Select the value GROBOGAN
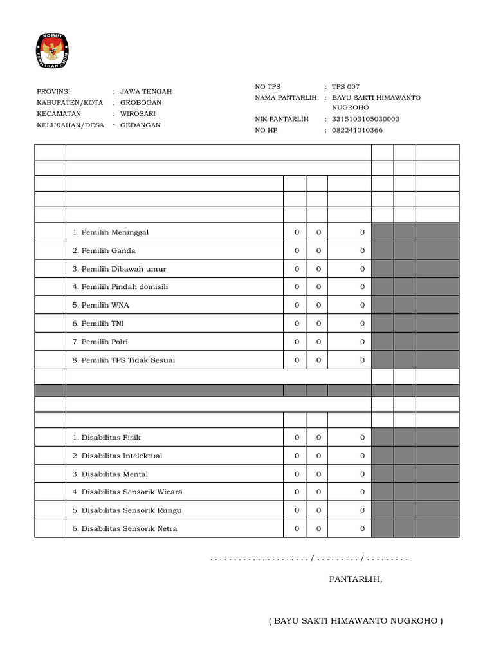pyautogui.click(x=141, y=102)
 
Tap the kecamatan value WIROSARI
pyautogui.click(x=138, y=114)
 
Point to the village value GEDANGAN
pyautogui.click(x=140, y=125)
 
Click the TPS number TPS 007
pyautogui.click(x=346, y=86)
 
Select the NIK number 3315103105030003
pyautogui.click(x=365, y=119)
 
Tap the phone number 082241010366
pyautogui.click(x=357, y=131)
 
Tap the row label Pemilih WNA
pyautogui.click(x=101, y=305)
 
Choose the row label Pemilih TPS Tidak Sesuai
pyautogui.click(x=123, y=360)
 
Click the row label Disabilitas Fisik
pyautogui.click(x=106, y=438)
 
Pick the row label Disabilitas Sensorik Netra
pyautogui.click(x=125, y=529)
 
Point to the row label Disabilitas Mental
pyautogui.click(x=110, y=474)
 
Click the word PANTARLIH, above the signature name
pyautogui.click(x=356, y=579)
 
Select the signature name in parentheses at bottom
pyautogui.click(x=356, y=621)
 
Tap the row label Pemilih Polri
pyautogui.click(x=100, y=342)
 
